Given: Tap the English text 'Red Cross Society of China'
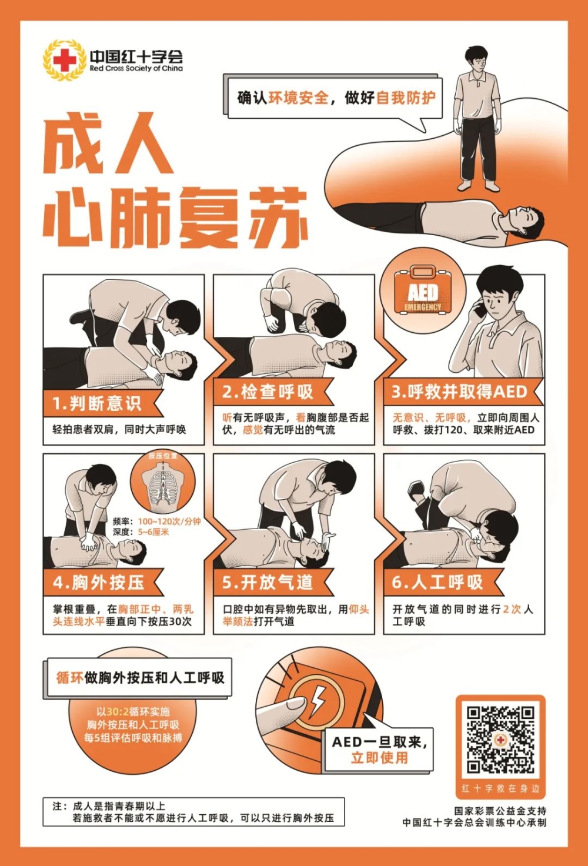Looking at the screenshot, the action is [136, 69].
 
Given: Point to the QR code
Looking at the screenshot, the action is [500, 740].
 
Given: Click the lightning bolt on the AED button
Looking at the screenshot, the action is [316, 701].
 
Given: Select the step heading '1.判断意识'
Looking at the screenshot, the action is [98, 404].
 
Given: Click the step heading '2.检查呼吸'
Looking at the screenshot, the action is [268, 392].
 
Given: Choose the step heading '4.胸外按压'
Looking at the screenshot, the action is [98, 582].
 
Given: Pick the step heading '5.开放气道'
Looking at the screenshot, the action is [268, 582].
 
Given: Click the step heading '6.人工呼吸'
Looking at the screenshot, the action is [437, 582].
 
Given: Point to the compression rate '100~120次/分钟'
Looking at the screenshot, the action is [169, 521].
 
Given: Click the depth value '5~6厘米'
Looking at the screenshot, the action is [153, 532].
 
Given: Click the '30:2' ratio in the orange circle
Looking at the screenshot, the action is [118, 712].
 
